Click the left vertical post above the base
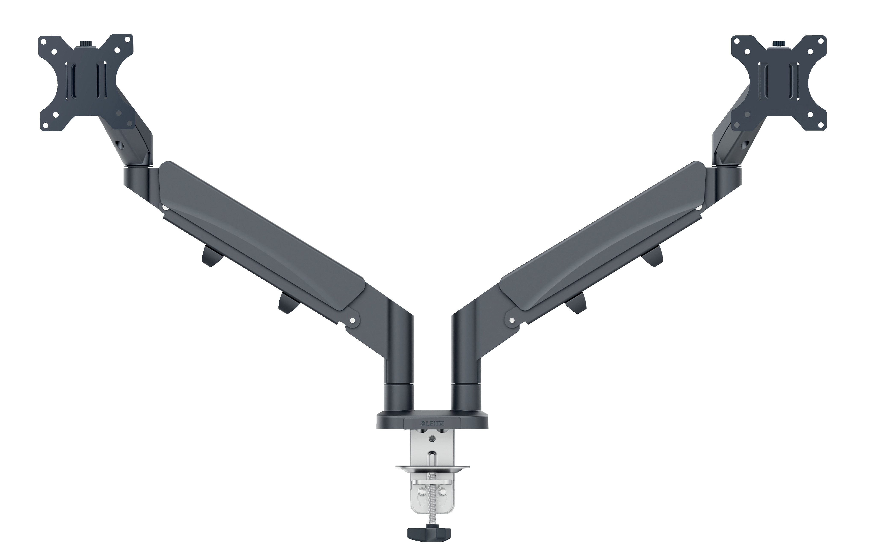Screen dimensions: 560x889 pyautogui.click(x=399, y=369)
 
